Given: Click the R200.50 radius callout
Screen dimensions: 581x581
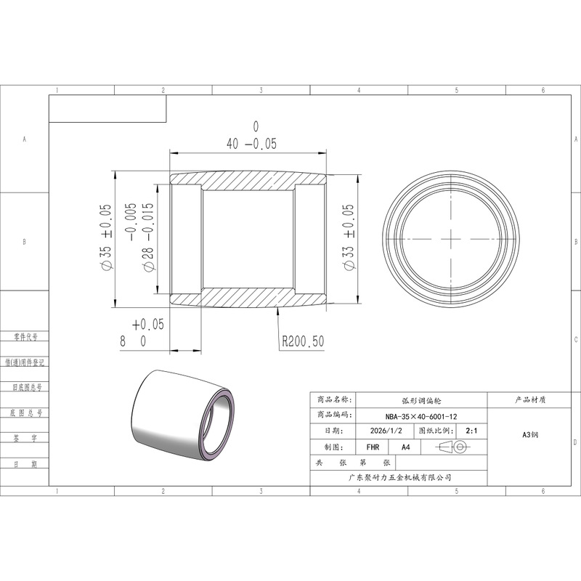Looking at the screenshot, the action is coord(303,341).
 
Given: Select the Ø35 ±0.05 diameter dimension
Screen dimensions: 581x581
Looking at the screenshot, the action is coord(106,237).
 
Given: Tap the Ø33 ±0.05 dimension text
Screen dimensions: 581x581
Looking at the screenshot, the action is coord(349,237).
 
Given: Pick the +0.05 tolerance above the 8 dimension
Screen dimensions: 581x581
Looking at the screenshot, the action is coord(148,325).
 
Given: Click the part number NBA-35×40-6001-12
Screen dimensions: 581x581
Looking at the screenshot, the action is coord(421,416).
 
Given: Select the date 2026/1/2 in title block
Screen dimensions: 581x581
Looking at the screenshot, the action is coord(386,431).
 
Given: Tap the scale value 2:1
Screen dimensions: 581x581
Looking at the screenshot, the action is coord(471,431).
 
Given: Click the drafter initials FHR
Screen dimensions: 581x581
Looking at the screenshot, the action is coord(373,447).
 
